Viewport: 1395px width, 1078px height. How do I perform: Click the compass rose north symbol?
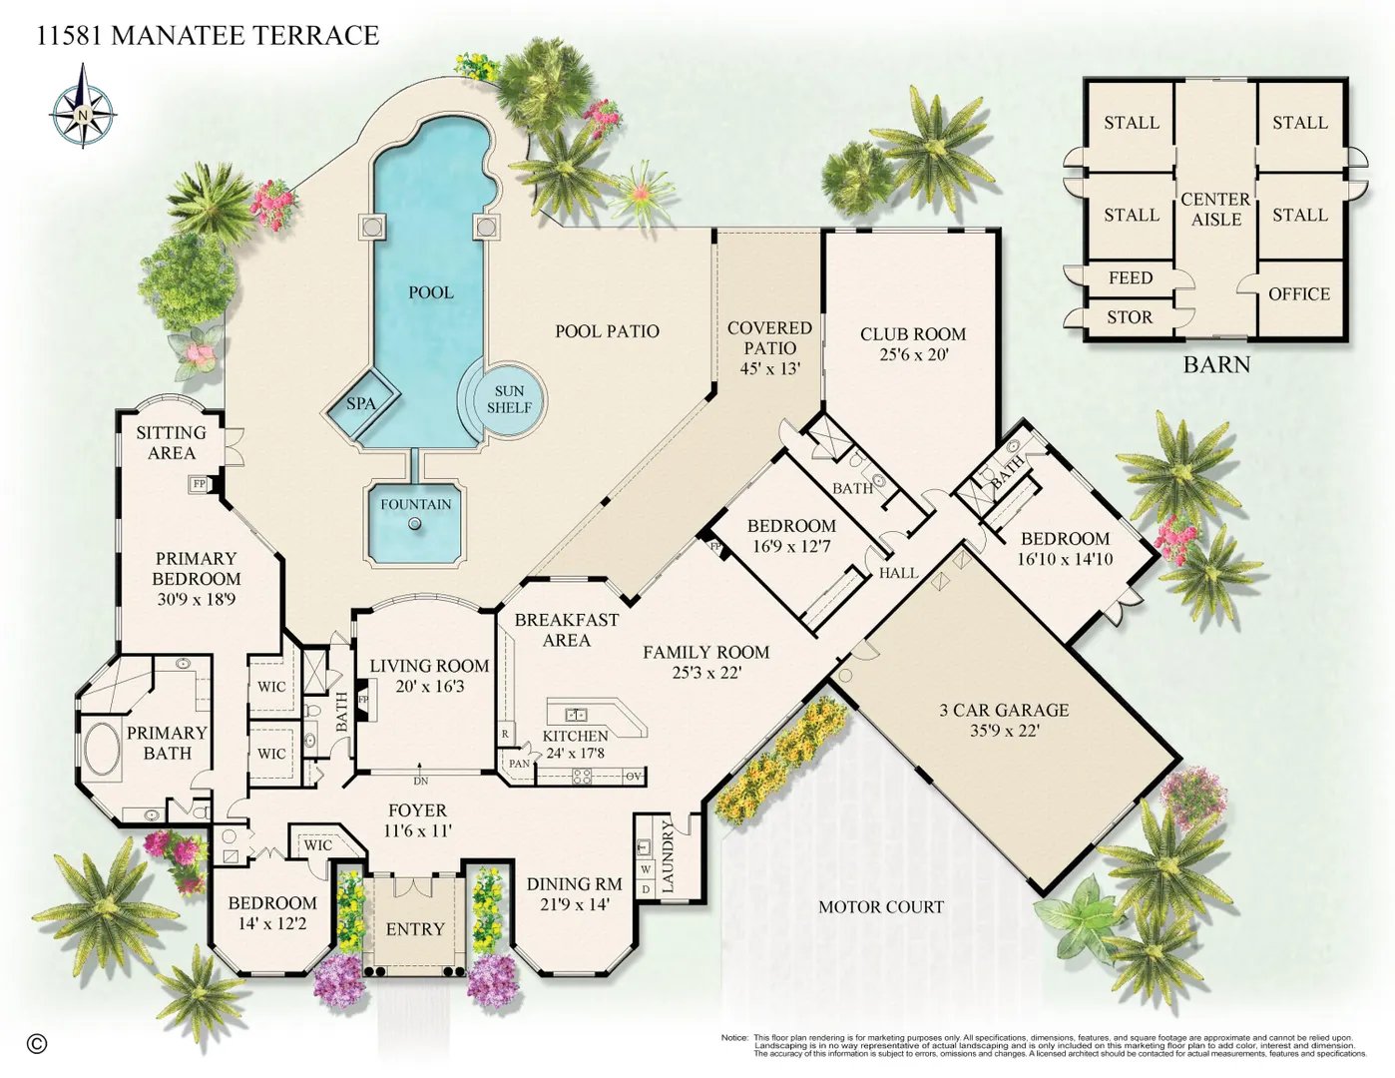(83, 106)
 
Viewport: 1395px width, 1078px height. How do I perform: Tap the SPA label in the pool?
(361, 404)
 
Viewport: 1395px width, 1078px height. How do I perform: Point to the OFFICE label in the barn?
(1299, 294)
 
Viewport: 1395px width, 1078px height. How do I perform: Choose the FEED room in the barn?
(1131, 277)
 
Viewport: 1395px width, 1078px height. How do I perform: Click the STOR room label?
(1130, 317)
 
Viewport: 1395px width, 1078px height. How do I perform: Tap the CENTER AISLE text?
(1216, 210)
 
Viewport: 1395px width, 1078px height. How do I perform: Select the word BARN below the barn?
(1216, 364)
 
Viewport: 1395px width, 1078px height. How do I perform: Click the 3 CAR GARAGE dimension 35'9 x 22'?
(1005, 731)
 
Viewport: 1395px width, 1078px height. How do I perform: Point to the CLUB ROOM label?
(913, 333)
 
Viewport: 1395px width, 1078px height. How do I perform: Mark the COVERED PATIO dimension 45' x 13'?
(769, 368)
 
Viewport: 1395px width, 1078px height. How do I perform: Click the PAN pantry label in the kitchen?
(519, 764)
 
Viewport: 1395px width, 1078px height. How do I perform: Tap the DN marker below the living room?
(420, 782)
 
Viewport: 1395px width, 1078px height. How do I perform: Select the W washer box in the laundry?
(646, 869)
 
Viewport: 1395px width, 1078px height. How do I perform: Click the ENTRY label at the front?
(415, 929)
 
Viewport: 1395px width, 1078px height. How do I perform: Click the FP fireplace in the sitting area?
(198, 483)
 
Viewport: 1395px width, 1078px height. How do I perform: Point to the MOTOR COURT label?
(881, 907)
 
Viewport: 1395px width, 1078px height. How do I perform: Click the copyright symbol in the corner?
(37, 1044)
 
